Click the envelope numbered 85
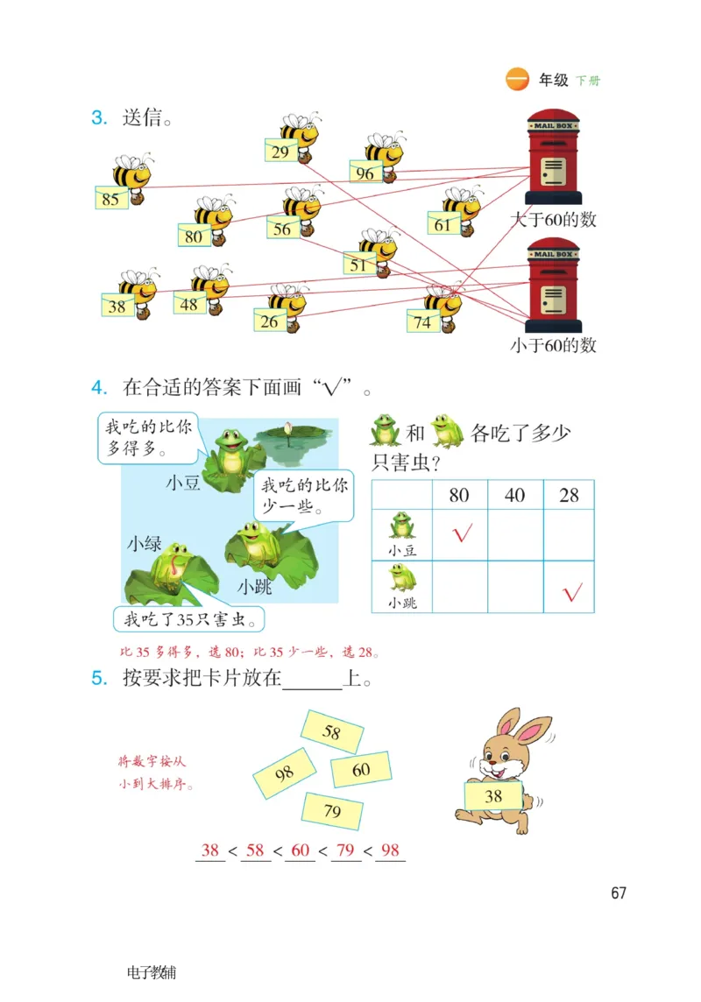[110, 199]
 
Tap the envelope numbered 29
[280, 152]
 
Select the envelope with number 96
[365, 173]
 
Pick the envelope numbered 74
[423, 321]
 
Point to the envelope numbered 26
[270, 321]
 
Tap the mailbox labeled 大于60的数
[553, 158]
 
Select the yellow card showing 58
[332, 731]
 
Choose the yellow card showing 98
[285, 773]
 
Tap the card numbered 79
[332, 811]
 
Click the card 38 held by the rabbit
[493, 795]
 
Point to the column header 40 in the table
[515, 495]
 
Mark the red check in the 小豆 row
[461, 533]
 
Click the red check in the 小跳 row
[572, 593]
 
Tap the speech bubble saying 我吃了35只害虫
[189, 619]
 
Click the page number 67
[619, 893]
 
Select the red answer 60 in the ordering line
[301, 850]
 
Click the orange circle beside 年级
[518, 80]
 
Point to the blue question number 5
[98, 678]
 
